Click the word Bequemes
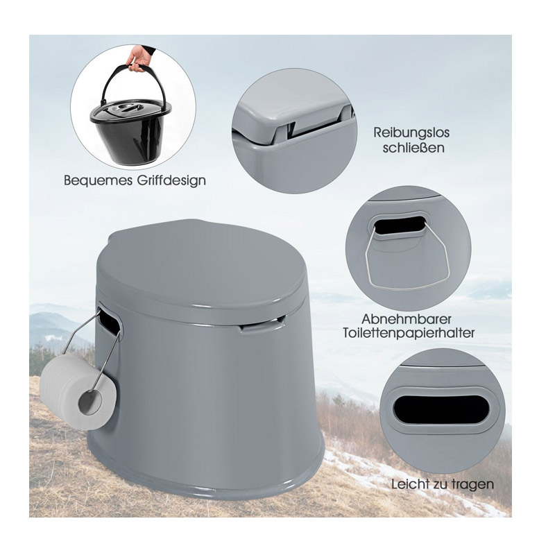pos(98,180)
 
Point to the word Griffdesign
pos(171,180)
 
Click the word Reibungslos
pos(411,133)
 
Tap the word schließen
pos(413,147)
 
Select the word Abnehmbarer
pos(407,319)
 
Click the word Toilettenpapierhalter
pos(409,334)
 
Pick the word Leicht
pos(410,484)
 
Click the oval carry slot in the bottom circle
pos(441,409)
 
